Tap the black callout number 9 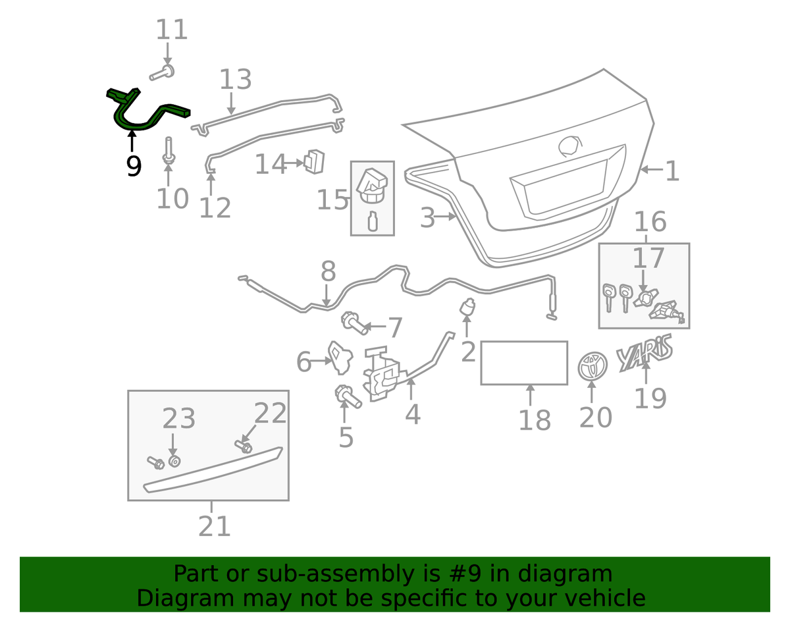point(134,167)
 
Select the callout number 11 point(172,30)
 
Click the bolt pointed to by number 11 point(162,72)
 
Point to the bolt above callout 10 point(169,151)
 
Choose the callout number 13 point(236,79)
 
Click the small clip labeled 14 point(315,161)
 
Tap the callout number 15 point(332,200)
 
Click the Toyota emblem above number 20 point(592,366)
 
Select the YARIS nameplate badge point(644,352)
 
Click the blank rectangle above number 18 point(524,362)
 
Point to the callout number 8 point(329,271)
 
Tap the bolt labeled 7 point(354,323)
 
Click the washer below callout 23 point(175,462)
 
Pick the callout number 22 point(270,413)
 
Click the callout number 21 point(215,526)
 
